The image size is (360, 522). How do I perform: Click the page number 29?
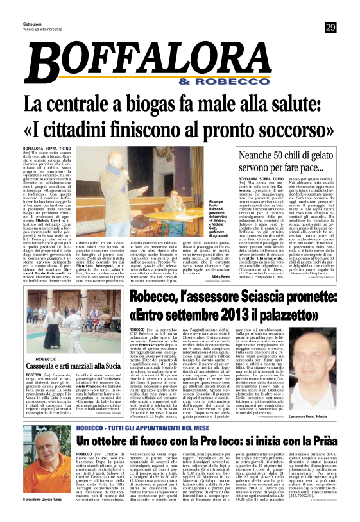330,26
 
